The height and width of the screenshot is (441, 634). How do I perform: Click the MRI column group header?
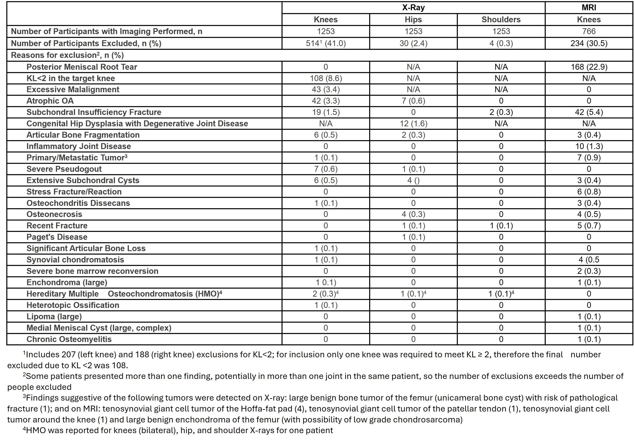click(x=589, y=7)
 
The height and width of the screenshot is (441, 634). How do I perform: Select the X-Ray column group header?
click(x=413, y=7)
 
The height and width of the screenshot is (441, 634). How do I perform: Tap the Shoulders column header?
click(x=501, y=20)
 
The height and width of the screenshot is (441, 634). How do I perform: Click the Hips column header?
click(x=413, y=20)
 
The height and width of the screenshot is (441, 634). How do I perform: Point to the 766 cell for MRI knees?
click(x=589, y=31)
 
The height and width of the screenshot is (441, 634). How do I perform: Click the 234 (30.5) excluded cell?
click(x=589, y=43)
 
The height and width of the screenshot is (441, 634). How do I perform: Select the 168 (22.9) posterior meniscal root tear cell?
click(x=589, y=67)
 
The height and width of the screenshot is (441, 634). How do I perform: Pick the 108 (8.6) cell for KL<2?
click(x=326, y=78)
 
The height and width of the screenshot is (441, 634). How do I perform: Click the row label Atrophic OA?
click(x=50, y=101)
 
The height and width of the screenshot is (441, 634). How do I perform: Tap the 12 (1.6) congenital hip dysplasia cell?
click(x=413, y=124)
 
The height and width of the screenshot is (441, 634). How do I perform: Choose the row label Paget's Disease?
click(x=57, y=237)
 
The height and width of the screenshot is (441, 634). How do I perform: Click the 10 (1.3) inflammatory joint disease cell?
click(x=589, y=146)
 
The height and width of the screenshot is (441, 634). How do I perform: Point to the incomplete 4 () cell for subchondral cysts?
click(x=413, y=180)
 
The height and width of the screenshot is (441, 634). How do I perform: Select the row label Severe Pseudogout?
click(x=64, y=169)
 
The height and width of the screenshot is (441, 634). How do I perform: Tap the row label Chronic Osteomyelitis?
click(x=69, y=339)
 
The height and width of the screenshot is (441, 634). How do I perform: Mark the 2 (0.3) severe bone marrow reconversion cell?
click(x=589, y=271)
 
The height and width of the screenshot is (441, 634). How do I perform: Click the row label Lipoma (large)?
click(x=54, y=316)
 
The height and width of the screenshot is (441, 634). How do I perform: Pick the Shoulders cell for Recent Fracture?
click(x=501, y=226)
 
